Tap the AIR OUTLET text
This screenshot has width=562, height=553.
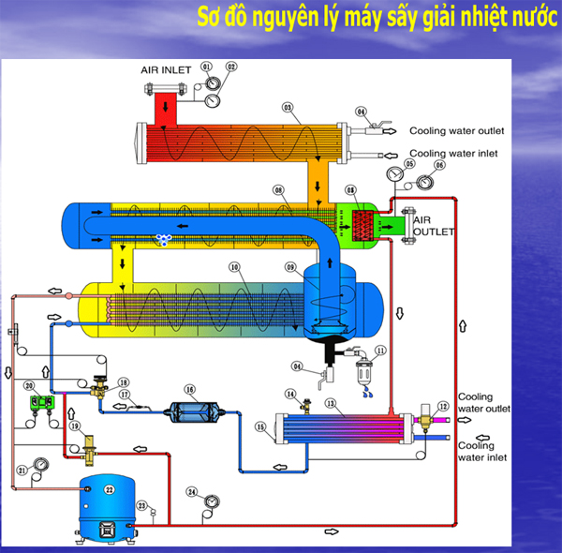(433, 225)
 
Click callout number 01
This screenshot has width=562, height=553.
(206, 66)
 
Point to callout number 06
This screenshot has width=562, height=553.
(438, 165)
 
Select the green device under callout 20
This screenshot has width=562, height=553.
(40, 402)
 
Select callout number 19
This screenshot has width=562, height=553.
(74, 426)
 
